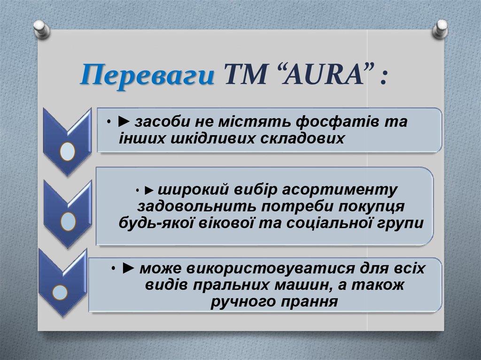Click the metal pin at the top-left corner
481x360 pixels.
[41, 29]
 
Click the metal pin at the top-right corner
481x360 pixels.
[439, 29]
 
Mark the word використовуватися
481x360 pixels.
[269, 270]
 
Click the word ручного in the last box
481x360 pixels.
[238, 301]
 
